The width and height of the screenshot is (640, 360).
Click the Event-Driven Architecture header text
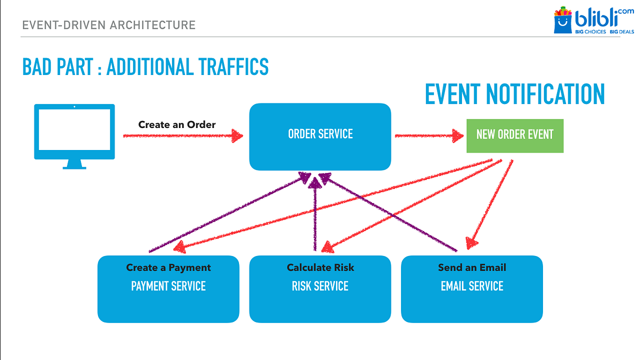coord(108,24)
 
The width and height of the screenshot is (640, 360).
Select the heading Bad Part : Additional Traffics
coord(145,67)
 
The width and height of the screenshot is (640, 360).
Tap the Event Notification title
coord(514,94)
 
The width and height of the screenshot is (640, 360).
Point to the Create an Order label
coord(176,124)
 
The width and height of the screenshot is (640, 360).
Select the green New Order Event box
coord(514,135)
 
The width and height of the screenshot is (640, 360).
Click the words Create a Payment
coord(168,267)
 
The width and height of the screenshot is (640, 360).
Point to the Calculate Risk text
coord(320,267)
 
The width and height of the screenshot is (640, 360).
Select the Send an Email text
coord(471,267)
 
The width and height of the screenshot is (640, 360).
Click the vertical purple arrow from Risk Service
coord(314,215)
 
